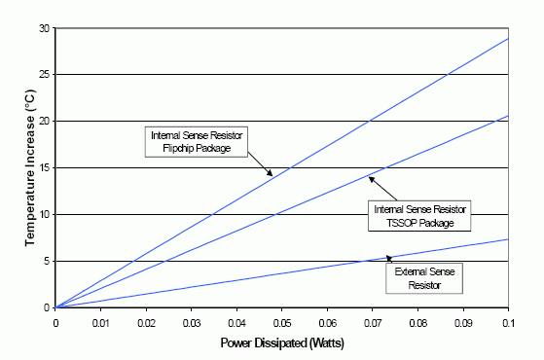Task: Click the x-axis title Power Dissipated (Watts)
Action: pos(282,342)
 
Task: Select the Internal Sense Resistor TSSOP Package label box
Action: pos(421,215)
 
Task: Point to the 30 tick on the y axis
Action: pos(44,28)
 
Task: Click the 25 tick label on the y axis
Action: pos(44,75)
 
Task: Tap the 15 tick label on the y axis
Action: pos(44,167)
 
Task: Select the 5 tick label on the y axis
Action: pos(46,261)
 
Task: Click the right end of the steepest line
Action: pos(508,38)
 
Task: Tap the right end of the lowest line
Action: pos(508,239)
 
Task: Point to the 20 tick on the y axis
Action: pos(44,121)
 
